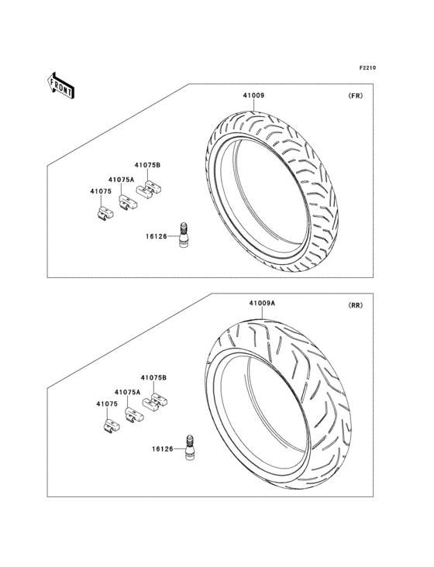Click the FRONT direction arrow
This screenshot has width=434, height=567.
pos(60,86)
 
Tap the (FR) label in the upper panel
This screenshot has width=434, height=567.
pos(355,96)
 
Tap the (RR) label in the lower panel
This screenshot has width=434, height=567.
pos(355,305)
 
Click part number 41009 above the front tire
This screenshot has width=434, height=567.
pos(253,95)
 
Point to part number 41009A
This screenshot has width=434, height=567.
pos(262,303)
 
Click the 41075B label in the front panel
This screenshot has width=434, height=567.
pos(147,165)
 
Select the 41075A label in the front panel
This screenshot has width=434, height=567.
pos(121,180)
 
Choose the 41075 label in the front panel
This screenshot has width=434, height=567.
pos(101,191)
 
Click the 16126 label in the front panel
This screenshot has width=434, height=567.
pos(157,236)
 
